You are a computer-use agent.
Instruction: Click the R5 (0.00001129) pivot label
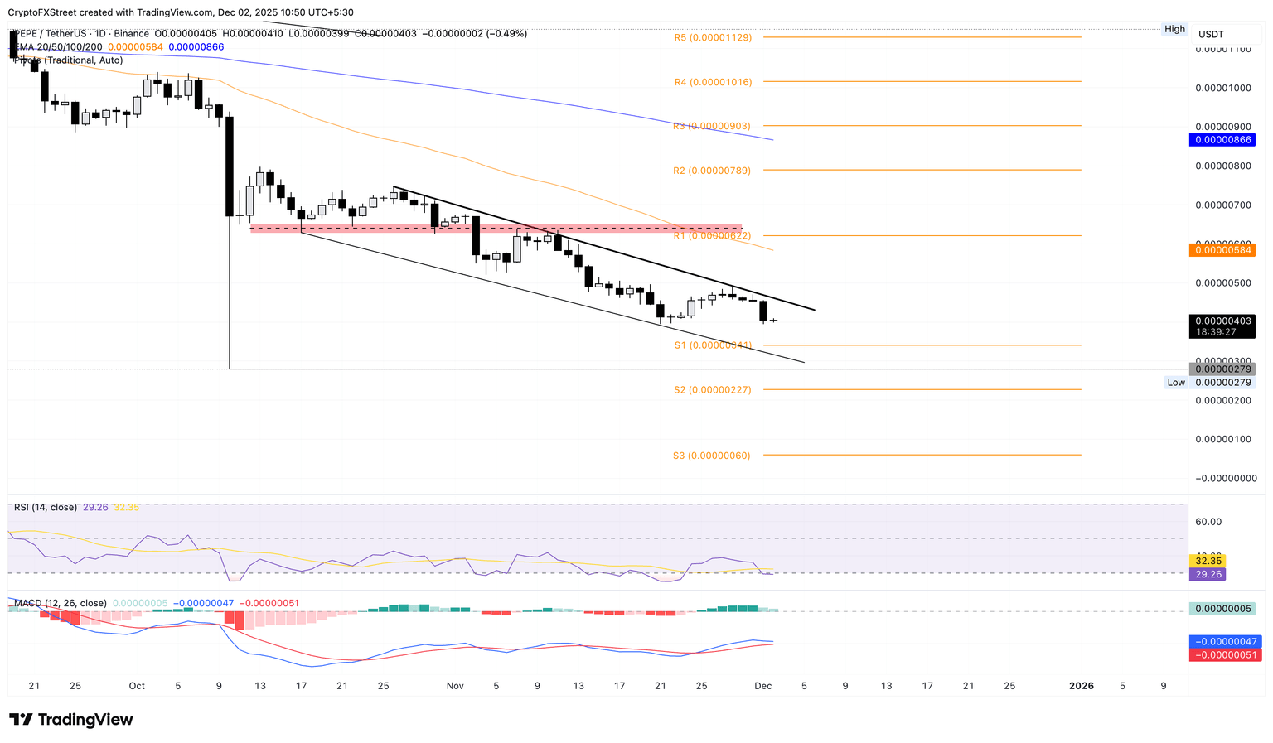tap(713, 37)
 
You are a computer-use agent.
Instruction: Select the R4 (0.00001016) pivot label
tap(713, 82)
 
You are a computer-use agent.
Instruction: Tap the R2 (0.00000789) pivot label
tap(711, 171)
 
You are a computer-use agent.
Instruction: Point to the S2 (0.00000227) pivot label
tap(712, 389)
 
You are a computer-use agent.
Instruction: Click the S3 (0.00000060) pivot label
tap(711, 456)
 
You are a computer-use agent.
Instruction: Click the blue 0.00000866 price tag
tap(1222, 140)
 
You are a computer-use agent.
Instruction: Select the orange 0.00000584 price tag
tap(1222, 249)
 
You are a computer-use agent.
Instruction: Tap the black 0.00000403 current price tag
tap(1222, 321)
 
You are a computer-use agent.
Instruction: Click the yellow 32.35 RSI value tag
tap(1207, 561)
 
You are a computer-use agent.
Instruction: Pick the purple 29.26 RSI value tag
tap(1207, 574)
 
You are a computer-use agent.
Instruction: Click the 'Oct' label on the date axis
tap(137, 686)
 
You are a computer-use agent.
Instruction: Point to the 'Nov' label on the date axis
tap(455, 686)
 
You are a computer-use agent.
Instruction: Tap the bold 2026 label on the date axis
tap(1081, 686)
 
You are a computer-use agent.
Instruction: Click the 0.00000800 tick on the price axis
tap(1222, 166)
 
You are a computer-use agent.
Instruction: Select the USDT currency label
tap(1211, 34)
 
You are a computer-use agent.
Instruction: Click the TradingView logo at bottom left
tap(71, 720)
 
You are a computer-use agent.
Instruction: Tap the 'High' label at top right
tap(1174, 29)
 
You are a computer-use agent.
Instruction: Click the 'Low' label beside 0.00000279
tap(1176, 383)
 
